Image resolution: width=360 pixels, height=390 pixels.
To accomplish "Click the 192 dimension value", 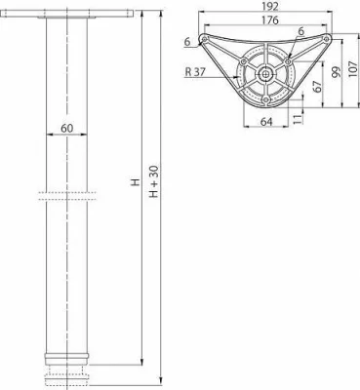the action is coord(269,6).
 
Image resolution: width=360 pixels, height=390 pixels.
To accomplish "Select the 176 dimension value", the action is coord(269,20).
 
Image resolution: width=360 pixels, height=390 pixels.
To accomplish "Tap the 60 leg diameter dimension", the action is coord(67,129).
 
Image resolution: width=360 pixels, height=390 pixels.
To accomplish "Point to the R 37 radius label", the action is coord(195,71).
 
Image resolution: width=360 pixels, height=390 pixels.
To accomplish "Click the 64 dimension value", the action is coord(266,121).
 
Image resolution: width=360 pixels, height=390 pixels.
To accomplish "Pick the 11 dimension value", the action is coord(298,119).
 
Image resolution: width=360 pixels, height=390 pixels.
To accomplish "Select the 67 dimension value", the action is coord(318,86).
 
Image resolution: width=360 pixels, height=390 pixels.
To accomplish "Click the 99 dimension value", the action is coord(337,71).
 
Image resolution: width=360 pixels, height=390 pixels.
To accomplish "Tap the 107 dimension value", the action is coord(353,68).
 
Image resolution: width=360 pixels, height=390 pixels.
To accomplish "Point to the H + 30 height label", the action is coord(153,181).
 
